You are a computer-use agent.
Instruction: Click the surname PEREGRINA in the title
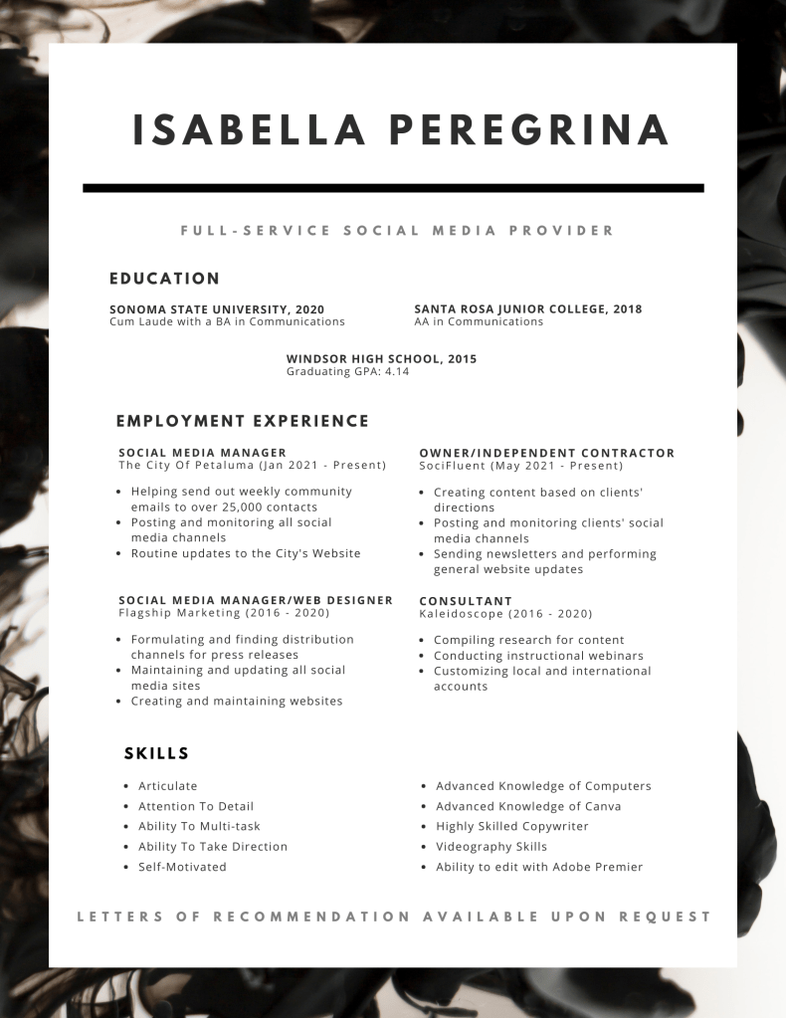pos(528,130)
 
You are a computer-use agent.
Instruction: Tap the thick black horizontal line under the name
pos(393,187)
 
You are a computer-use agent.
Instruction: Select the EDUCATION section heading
pos(164,279)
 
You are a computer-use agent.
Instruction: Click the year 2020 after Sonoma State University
pos(308,309)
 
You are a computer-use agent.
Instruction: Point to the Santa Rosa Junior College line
pos(527,309)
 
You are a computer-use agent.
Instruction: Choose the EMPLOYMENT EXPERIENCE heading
pos(242,421)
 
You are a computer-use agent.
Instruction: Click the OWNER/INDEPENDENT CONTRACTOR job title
pos(546,453)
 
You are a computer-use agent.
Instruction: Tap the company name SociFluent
pos(450,466)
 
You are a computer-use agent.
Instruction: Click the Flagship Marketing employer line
pos(224,614)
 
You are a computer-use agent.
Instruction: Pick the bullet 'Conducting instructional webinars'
pos(538,656)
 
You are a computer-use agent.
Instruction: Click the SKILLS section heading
pos(156,753)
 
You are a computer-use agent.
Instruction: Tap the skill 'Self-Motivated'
pos(182,867)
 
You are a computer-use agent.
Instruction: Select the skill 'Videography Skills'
pos(491,847)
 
